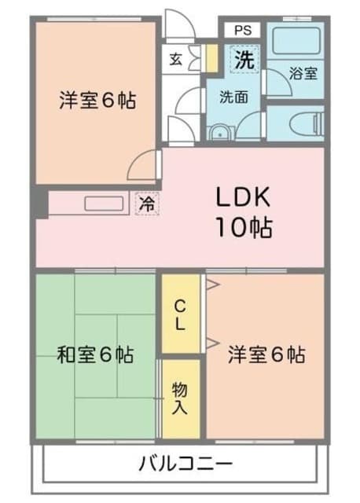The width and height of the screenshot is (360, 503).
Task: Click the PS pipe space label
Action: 243,31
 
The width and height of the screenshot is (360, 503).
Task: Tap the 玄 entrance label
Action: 176,59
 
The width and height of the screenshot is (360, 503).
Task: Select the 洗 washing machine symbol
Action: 244,60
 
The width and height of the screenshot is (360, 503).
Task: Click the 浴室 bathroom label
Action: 303,73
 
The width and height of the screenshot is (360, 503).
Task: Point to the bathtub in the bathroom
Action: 296,41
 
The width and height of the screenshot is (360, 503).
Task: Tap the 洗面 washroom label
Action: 233,97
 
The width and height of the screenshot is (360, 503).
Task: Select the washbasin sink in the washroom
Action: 220,133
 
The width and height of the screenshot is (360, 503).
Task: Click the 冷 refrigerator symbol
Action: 147,204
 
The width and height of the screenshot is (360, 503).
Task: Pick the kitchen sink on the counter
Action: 104,204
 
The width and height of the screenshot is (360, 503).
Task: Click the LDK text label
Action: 243,196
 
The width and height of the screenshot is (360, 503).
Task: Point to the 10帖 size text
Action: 244,227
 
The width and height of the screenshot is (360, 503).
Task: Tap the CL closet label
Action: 180,316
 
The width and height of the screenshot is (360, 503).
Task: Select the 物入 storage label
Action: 179,398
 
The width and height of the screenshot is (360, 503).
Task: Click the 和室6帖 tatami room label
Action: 95,354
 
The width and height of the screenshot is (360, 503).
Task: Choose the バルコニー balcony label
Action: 186,463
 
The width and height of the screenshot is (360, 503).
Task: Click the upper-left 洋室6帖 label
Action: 97,100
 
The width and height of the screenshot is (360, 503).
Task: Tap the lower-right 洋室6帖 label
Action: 266,354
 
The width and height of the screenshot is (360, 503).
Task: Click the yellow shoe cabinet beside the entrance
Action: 211,58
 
